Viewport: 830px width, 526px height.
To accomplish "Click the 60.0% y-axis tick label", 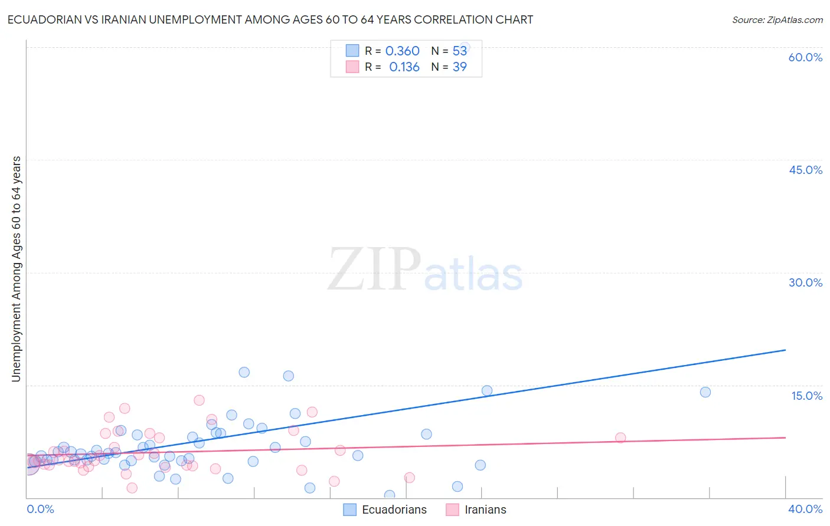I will click(805, 57).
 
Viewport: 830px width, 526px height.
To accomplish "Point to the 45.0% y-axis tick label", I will click(805, 170).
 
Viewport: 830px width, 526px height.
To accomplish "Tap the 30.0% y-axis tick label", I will click(805, 282).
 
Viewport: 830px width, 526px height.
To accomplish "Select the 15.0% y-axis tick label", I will click(806, 396).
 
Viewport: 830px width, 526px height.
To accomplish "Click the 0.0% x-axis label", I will click(40, 509).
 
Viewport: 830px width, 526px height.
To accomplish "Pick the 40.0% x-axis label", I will click(805, 509).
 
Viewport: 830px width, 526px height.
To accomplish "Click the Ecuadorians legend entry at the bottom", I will click(385, 509).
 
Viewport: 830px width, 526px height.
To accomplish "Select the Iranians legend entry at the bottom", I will click(476, 509).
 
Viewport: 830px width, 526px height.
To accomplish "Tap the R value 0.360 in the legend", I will click(402, 51).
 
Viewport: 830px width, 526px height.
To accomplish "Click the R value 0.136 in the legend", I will click(404, 67).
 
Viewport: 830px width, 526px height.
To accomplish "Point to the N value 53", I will click(459, 51).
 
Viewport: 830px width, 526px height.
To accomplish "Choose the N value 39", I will click(459, 67).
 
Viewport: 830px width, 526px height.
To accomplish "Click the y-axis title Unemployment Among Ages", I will click(17, 269).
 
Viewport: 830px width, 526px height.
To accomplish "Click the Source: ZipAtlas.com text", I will click(777, 20).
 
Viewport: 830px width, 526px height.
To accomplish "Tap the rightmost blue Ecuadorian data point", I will click(705, 392).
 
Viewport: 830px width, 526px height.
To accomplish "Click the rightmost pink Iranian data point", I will click(620, 438).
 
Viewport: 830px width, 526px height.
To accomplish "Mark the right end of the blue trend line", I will click(785, 350).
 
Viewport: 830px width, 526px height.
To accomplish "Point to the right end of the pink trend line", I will click(785, 438).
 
